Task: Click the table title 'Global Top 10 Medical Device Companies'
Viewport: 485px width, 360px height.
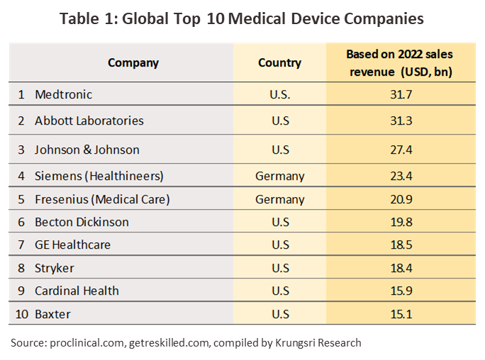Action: point(242,19)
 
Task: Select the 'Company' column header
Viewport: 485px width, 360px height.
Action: point(133,62)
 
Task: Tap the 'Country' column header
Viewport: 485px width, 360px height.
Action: point(279,62)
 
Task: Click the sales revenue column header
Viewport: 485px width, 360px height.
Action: point(399,62)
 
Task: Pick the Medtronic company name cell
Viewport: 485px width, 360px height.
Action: point(64,94)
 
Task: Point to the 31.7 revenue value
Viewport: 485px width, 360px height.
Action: point(400,94)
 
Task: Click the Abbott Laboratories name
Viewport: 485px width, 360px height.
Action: point(89,120)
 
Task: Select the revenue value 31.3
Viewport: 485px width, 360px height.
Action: point(400,120)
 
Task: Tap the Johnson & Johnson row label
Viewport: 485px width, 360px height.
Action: point(87,150)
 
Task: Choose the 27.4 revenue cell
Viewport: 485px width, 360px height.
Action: point(400,150)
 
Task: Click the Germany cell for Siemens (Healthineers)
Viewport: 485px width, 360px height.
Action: point(279,176)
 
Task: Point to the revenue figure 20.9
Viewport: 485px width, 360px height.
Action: point(400,199)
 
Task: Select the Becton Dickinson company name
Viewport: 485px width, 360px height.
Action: point(82,222)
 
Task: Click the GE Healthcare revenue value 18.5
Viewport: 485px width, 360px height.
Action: point(400,244)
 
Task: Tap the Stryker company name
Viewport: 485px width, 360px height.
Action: point(55,268)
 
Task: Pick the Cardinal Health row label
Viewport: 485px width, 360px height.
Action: point(77,291)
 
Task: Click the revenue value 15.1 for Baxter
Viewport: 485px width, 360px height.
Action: point(400,313)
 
